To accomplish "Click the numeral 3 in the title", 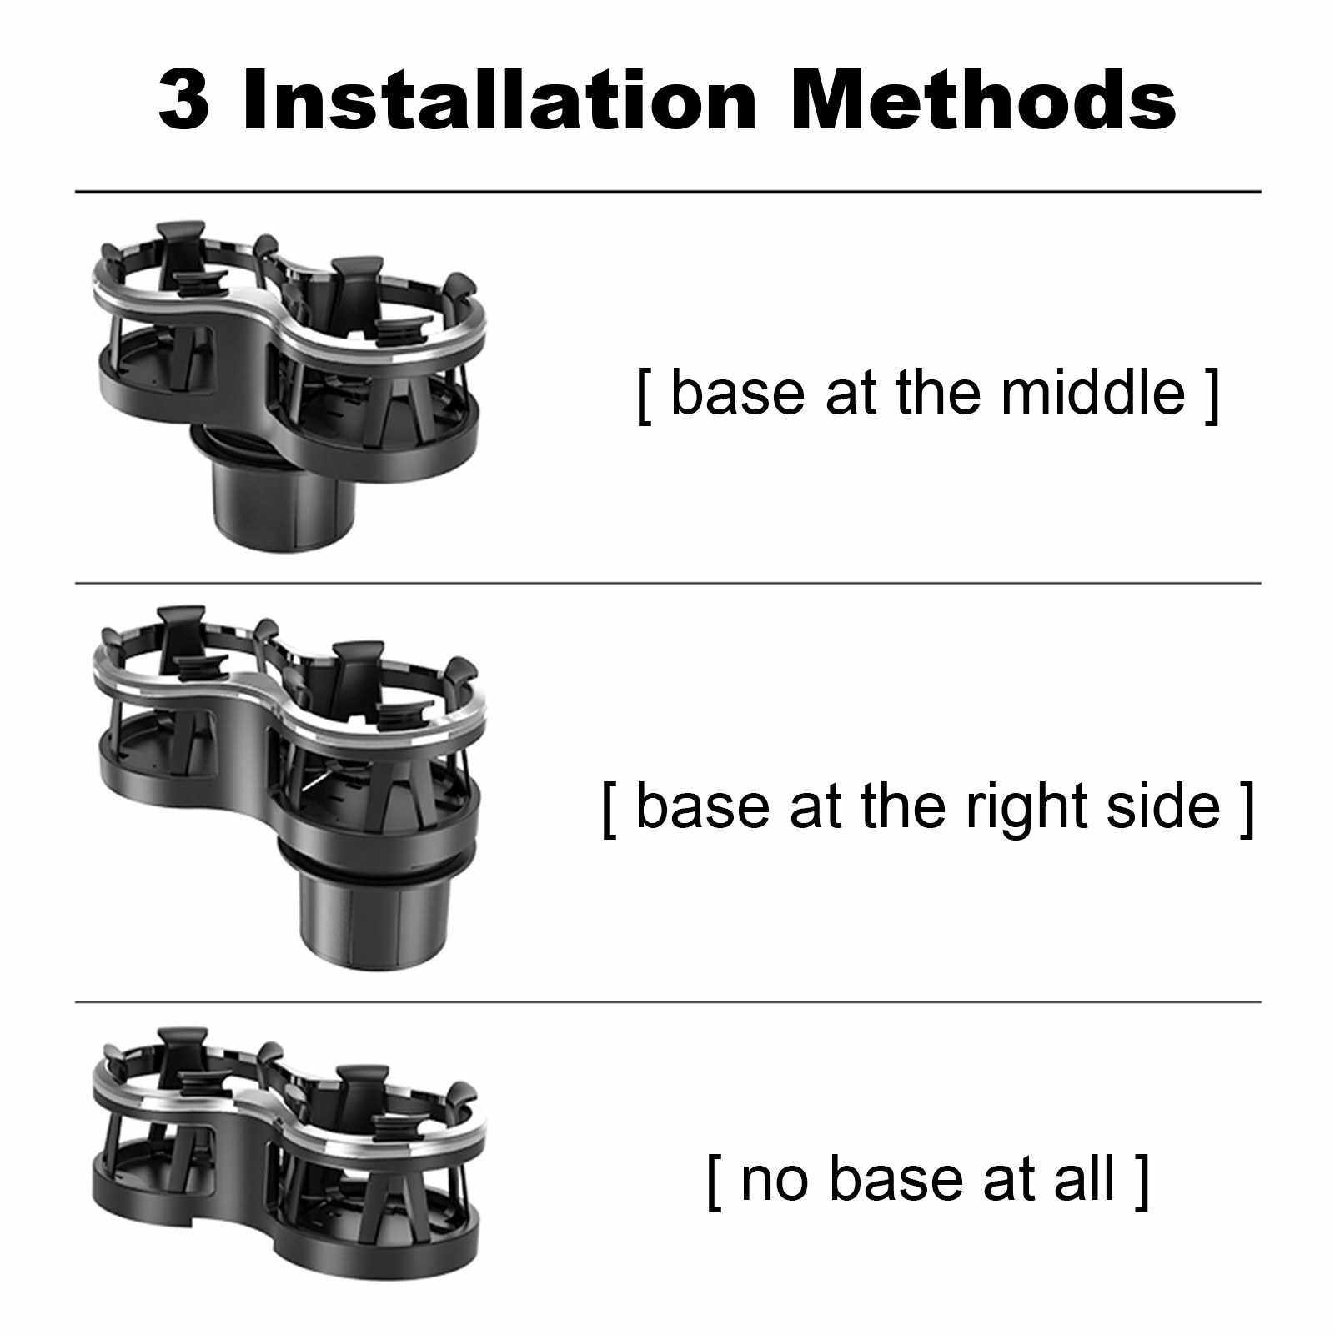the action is click(x=183, y=101).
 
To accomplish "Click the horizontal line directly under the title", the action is click(x=668, y=192).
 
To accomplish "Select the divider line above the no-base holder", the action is click(x=668, y=1001).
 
